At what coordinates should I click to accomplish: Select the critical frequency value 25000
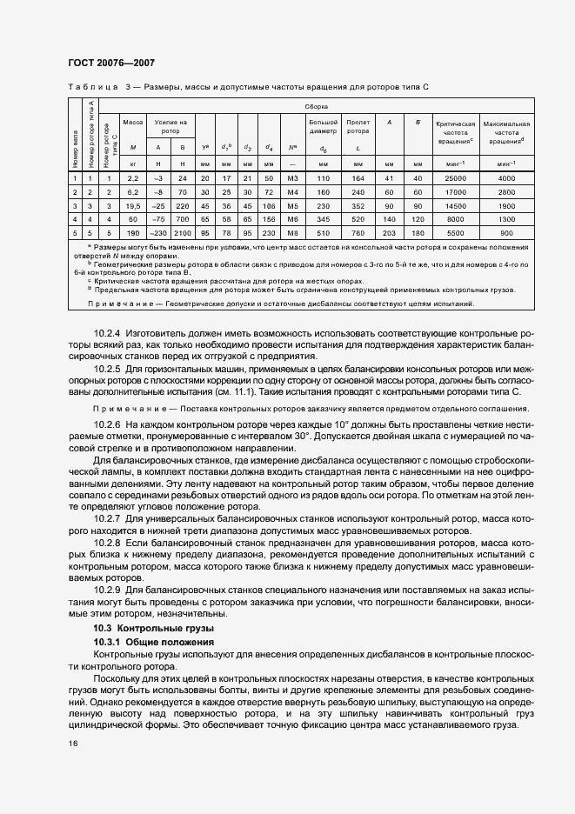(454, 178)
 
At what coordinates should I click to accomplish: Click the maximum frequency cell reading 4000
(507, 178)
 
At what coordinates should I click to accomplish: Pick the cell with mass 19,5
(133, 206)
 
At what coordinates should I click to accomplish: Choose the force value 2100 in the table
(181, 233)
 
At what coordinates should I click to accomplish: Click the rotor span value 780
(358, 233)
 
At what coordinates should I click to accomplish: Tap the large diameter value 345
(323, 220)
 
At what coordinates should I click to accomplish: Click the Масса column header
(133, 122)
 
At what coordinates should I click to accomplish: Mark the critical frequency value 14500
(454, 206)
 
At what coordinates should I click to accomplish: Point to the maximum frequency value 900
(507, 233)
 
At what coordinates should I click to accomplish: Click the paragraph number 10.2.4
(109, 333)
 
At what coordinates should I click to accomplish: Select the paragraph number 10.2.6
(109, 423)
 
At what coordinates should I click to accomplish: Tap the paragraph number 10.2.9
(109, 589)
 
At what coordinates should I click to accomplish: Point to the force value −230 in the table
(157, 233)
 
